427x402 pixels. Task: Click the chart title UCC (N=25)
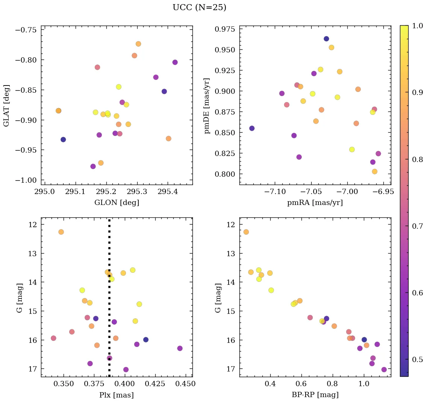tap(199, 8)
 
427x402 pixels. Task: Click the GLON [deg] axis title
tap(117, 203)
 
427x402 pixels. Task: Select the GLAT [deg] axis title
tap(6, 105)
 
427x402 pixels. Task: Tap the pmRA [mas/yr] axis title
tap(315, 203)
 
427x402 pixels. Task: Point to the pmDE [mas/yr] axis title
tap(207, 105)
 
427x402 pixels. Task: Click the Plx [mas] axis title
tap(117, 395)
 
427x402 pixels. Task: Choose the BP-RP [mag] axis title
tap(315, 395)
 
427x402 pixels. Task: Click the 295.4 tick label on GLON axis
tap(168, 193)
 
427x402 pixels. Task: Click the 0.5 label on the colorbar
tap(418, 359)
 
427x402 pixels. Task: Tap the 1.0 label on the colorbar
tap(418, 26)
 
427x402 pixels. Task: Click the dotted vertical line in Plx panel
tap(109, 320)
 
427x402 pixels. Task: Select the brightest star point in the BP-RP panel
tap(246, 232)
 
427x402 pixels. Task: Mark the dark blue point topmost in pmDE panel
tap(326, 39)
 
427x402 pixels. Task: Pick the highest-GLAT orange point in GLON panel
tap(138, 44)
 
